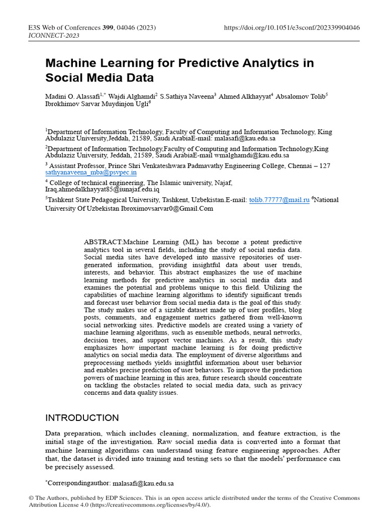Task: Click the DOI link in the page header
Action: [292, 28]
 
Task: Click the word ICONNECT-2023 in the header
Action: [51, 36]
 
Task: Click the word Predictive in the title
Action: [210, 63]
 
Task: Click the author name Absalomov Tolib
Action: [300, 96]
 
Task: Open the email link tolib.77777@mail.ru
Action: [279, 200]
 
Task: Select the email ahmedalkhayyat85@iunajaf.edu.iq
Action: [103, 190]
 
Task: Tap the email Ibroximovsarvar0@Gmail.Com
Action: [167, 208]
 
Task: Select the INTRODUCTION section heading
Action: [82, 418]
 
